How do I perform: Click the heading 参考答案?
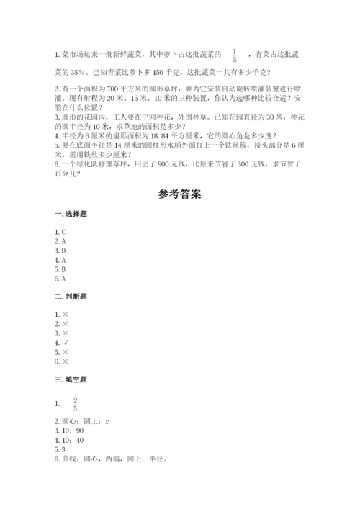coord(179,194)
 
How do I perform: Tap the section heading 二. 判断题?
coord(69,296)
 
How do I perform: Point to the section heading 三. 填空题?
coord(69,377)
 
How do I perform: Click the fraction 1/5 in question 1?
coord(235,55)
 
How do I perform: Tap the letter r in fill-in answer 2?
coord(107,420)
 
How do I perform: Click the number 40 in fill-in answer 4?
coord(79,439)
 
